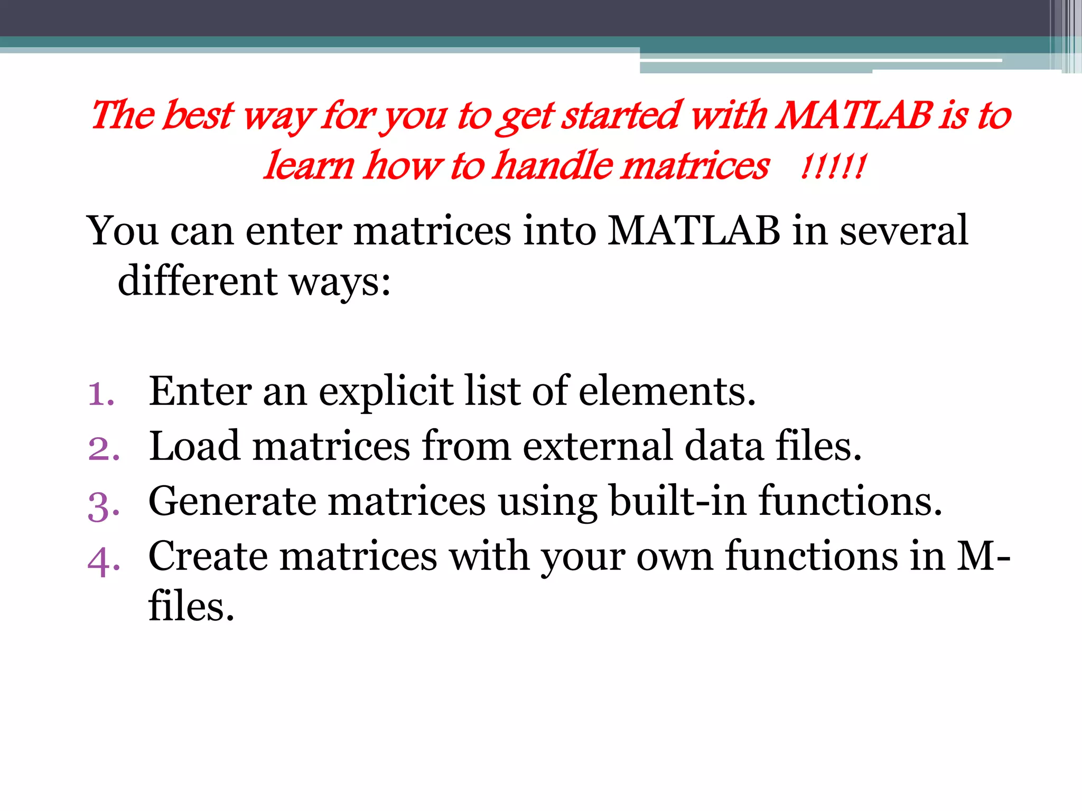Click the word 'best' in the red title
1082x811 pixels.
(197, 115)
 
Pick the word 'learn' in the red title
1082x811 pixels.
(309, 165)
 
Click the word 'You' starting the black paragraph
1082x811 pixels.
(123, 231)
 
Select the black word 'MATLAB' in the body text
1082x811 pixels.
(694, 231)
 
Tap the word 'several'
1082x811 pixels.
(904, 231)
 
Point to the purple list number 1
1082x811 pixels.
(101, 394)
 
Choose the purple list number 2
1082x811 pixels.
(104, 449)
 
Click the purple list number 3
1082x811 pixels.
(104, 505)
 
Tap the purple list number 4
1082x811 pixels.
(104, 561)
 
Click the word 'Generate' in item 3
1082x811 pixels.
(232, 502)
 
